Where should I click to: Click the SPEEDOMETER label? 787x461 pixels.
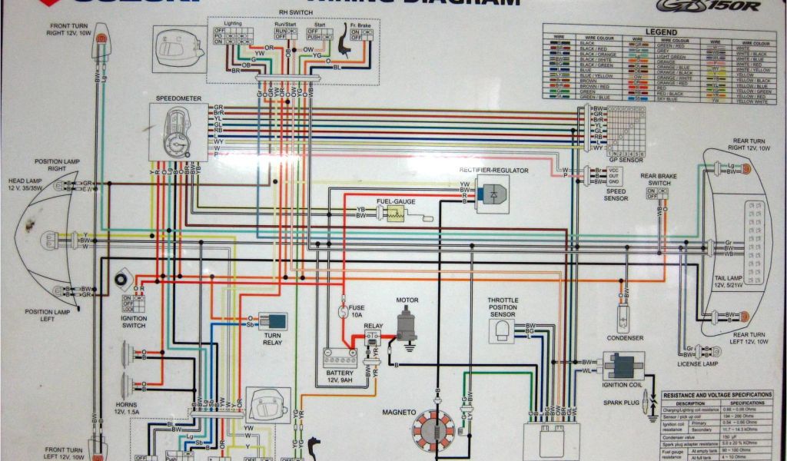pyautogui.click(x=177, y=99)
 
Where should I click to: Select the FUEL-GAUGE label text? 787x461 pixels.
pyautogui.click(x=396, y=201)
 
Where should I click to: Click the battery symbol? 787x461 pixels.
pyautogui.click(x=339, y=358)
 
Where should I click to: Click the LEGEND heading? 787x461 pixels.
pyautogui.click(x=660, y=32)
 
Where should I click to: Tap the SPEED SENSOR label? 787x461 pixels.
pyautogui.click(x=614, y=194)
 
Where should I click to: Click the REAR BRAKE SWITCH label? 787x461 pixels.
pyautogui.click(x=659, y=179)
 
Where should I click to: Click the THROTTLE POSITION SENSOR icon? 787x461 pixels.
pyautogui.click(x=503, y=330)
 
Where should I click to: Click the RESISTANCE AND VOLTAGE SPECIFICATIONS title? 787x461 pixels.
pyautogui.click(x=716, y=394)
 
